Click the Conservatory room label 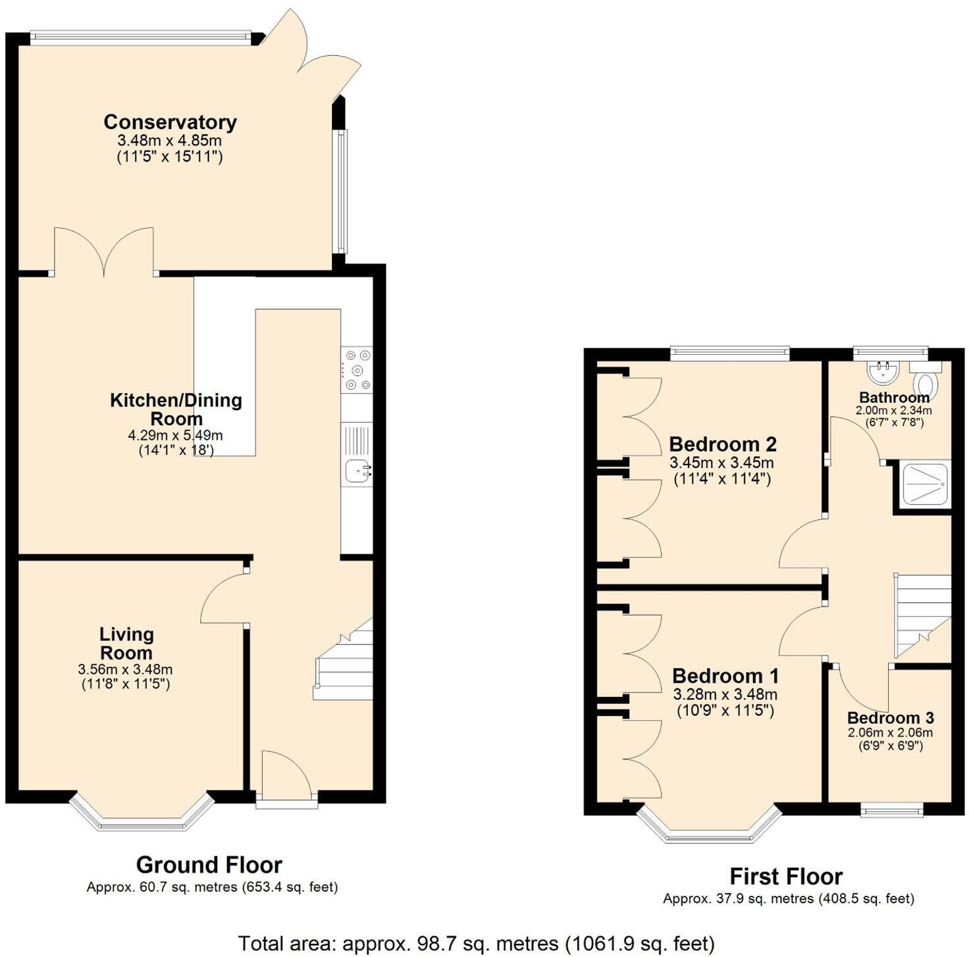170,122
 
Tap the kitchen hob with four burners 356,370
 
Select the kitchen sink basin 356,470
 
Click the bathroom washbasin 883,372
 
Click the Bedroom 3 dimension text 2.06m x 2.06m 890,733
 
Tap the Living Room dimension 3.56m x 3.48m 126,669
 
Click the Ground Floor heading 209,864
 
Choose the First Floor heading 786,876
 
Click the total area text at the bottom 476,943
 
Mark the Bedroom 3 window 892,810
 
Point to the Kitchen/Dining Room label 176,409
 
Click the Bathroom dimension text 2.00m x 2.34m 893,410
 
